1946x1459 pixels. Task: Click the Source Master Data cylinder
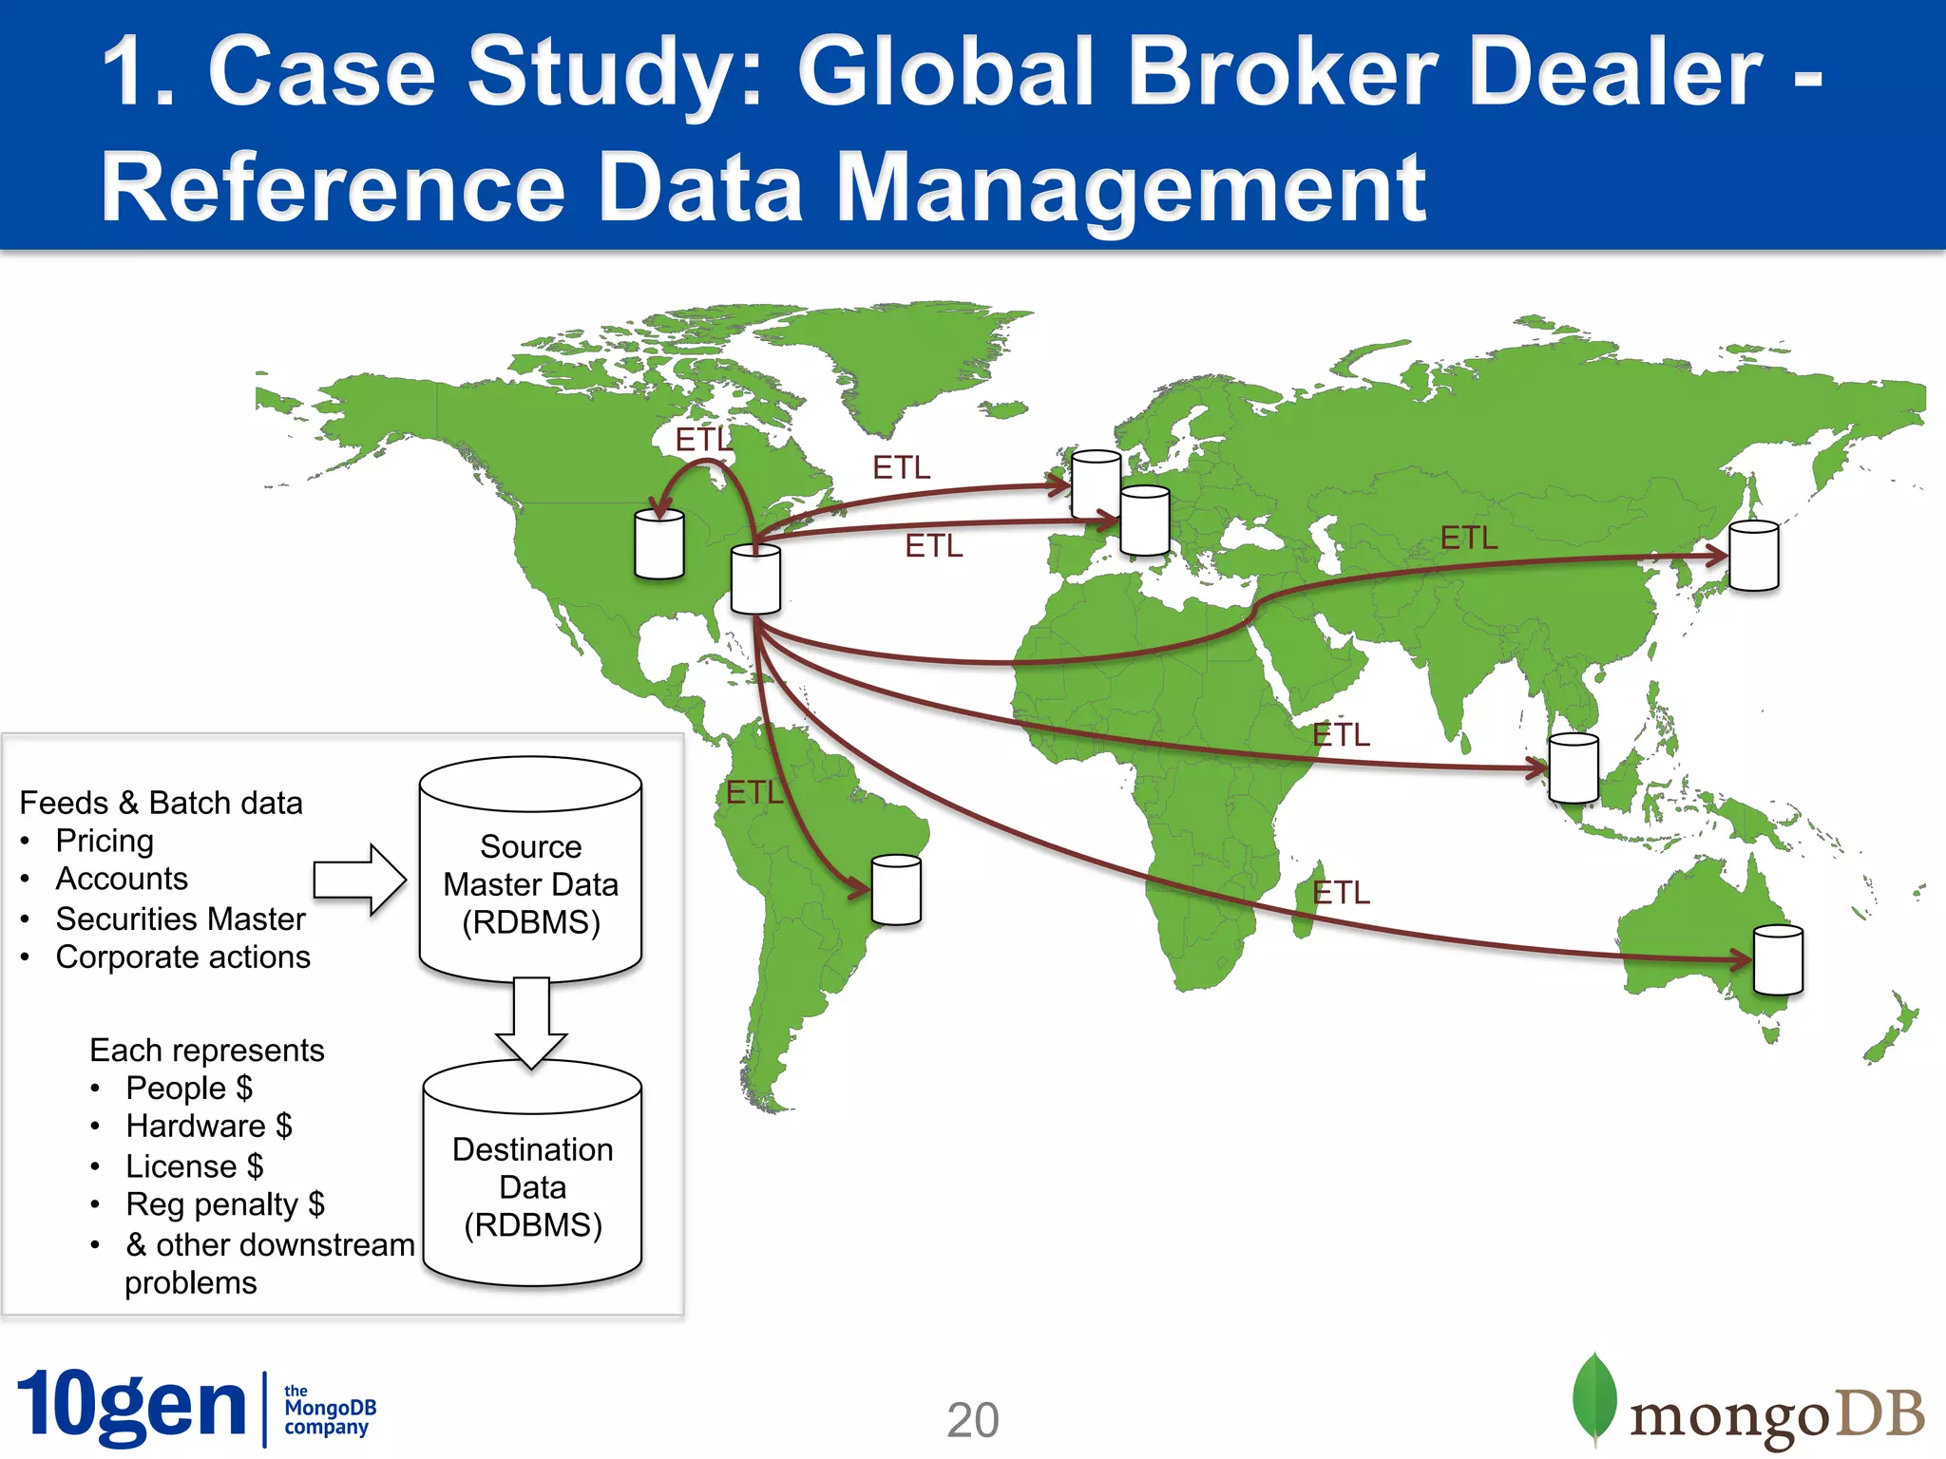point(530,869)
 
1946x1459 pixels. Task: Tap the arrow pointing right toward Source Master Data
point(359,880)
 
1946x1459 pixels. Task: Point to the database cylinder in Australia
point(1777,960)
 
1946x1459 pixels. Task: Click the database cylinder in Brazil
point(896,890)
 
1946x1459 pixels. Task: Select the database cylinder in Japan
point(1753,556)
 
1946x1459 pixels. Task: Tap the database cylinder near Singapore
point(1574,768)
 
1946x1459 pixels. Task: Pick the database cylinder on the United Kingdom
point(1096,483)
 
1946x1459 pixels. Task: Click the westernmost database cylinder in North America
point(658,544)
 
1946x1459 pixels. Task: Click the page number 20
point(973,1420)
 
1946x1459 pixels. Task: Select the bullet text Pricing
point(105,841)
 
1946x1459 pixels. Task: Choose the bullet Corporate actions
point(182,957)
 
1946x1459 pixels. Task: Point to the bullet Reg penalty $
point(225,1204)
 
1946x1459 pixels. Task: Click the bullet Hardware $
point(209,1126)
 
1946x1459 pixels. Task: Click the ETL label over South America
point(754,792)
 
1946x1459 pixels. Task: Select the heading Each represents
point(207,1050)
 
